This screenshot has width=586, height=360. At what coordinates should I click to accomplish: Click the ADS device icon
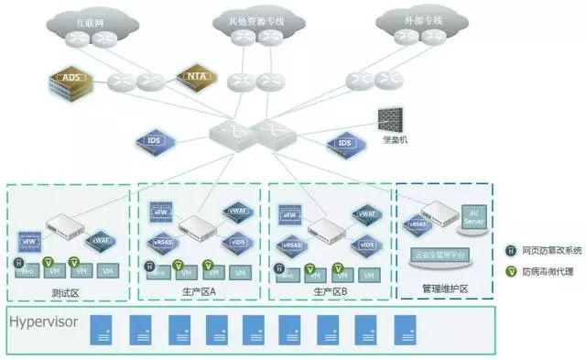[x=70, y=81]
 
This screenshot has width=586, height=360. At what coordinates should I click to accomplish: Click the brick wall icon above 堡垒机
[x=389, y=118]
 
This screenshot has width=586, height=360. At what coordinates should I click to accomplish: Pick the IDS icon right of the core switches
[x=344, y=144]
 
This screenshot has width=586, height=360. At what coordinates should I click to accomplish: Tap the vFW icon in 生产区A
[x=160, y=212]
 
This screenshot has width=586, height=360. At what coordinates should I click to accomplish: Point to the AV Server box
[x=473, y=217]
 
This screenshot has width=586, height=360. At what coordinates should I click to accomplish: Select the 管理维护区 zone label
[x=445, y=289]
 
